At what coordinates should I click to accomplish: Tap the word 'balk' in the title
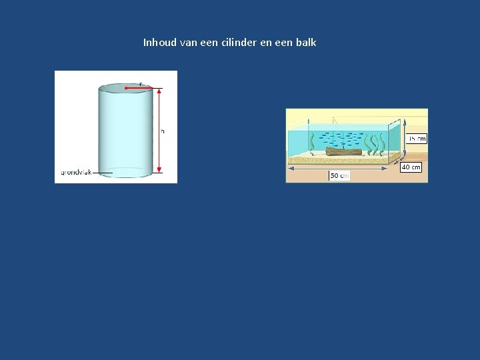(x=305, y=43)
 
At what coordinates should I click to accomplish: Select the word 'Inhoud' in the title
(x=160, y=43)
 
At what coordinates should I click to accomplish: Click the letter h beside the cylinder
(x=163, y=131)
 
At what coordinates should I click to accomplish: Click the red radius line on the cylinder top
(x=140, y=88)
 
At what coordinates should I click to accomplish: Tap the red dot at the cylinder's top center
(x=126, y=88)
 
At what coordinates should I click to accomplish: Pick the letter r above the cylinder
(x=141, y=83)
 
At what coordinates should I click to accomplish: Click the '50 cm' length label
(x=339, y=175)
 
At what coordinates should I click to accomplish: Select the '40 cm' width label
(x=411, y=167)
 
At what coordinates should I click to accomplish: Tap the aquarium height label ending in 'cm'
(x=417, y=139)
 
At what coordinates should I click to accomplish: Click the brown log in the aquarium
(x=344, y=152)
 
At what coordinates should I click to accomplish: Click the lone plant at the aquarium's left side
(x=312, y=141)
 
